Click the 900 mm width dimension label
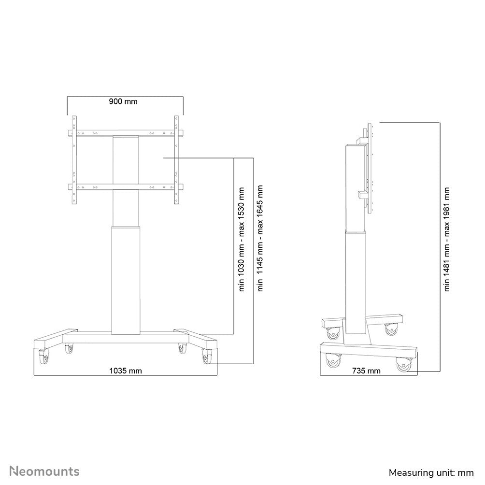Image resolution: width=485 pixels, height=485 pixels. pyautogui.click(x=123, y=101)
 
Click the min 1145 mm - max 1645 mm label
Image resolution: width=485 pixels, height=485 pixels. pyautogui.click(x=261, y=239)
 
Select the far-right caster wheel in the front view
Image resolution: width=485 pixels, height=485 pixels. pyautogui.click(x=208, y=357)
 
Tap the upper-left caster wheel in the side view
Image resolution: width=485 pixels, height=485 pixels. pyautogui.click(x=334, y=333)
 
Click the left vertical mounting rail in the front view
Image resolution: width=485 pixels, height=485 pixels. pyautogui.click(x=74, y=159)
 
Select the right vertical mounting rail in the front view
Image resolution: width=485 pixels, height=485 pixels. pyautogui.click(x=176, y=159)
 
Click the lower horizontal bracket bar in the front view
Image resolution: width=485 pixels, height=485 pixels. pyautogui.click(x=126, y=187)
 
